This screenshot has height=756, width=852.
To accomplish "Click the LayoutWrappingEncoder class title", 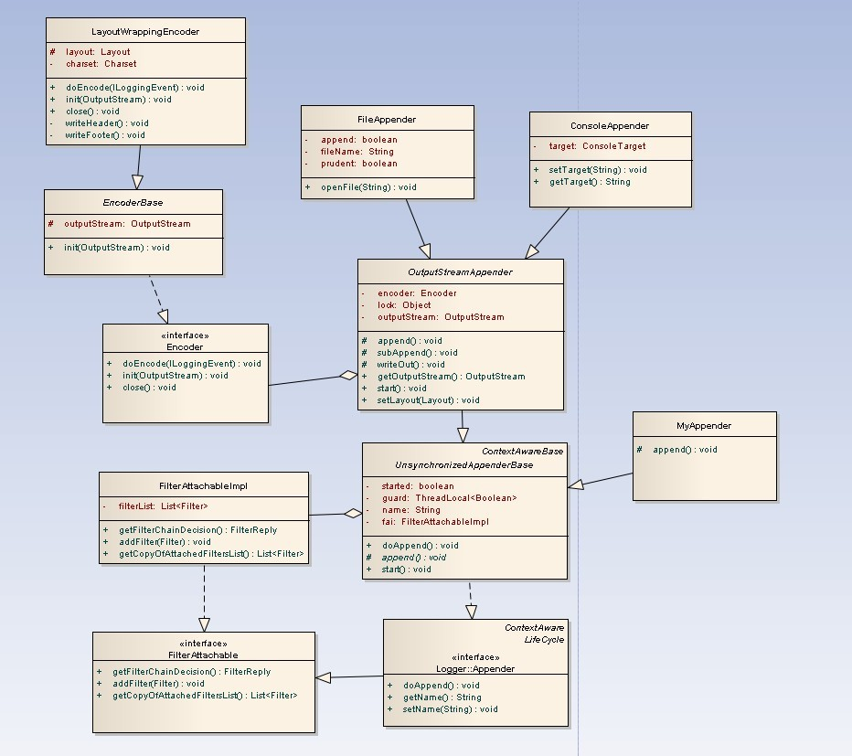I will [145, 31].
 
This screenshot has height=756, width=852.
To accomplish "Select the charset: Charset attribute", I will [101, 64].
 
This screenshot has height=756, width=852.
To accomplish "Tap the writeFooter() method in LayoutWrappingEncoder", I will [104, 135].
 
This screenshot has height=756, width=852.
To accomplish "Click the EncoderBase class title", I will [133, 202].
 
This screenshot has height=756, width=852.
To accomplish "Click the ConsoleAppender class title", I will [610, 125].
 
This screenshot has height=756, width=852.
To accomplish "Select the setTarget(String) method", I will [597, 170].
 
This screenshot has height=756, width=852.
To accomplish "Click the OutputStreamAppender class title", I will [460, 272].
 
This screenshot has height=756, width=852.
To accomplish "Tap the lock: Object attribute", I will [404, 305].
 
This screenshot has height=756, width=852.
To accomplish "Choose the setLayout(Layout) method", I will [428, 400].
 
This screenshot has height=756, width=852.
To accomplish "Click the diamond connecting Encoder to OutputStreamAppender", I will [346, 375].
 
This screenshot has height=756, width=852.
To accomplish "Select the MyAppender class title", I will [704, 425].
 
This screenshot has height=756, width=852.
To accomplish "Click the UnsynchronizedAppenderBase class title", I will [463, 465].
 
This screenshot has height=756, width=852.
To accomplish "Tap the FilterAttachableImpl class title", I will [203, 485].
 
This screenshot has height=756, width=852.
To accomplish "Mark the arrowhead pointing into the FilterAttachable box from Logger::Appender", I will [323, 677].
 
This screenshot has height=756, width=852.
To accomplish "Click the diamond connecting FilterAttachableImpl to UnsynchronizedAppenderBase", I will [352, 514].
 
